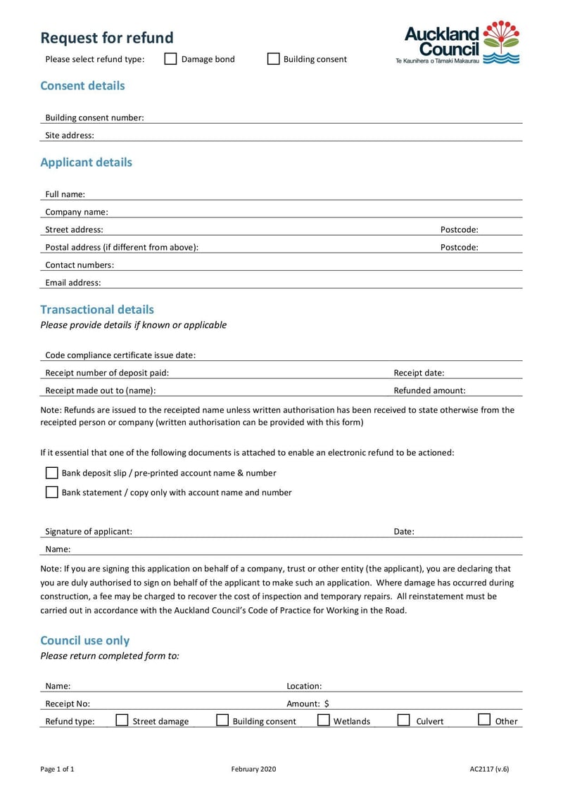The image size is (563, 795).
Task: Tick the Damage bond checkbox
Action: tap(170, 59)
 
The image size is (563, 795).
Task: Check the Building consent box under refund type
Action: tap(273, 59)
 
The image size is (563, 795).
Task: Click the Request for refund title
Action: tap(106, 37)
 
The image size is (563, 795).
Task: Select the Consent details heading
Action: tap(82, 86)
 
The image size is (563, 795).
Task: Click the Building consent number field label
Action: tap(94, 117)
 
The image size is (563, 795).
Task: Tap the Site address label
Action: tap(70, 135)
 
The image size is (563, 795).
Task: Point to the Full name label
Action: tap(65, 194)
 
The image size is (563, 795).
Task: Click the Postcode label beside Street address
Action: tap(459, 229)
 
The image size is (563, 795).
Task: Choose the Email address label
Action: tap(73, 283)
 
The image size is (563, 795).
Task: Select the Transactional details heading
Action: tap(97, 310)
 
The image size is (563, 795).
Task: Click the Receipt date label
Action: tap(419, 373)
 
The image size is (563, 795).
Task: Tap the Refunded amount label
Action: tap(429, 390)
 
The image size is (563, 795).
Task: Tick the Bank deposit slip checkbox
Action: tap(51, 473)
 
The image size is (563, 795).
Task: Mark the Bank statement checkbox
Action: tap(51, 492)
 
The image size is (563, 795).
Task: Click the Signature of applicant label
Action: tap(89, 532)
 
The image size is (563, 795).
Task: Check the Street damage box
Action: tap(122, 720)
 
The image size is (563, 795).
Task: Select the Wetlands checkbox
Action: tap(324, 720)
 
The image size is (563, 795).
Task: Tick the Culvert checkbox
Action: tap(404, 720)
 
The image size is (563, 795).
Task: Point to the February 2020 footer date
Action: tap(253, 769)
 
